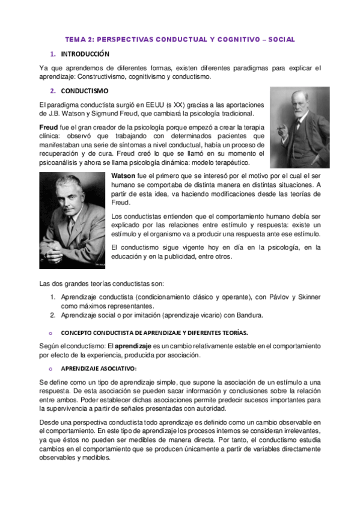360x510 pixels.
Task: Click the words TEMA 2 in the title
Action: pos(79,39)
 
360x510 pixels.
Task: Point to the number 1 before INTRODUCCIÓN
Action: pos(52,54)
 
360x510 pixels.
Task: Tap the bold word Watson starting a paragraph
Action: pos(124,175)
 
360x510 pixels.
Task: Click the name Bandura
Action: pos(248,315)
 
